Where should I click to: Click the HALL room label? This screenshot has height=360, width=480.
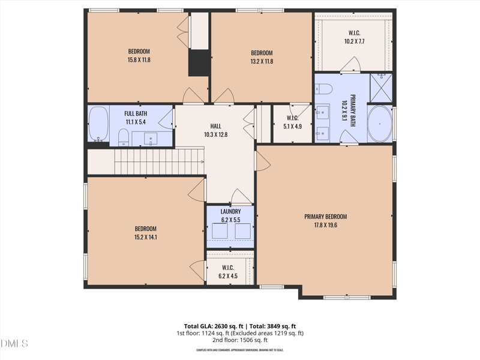pos(215,126)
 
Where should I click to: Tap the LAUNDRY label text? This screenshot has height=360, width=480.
pos(230,212)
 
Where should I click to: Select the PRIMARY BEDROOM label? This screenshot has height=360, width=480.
pos(325,217)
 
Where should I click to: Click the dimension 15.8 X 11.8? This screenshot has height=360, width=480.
pos(139,61)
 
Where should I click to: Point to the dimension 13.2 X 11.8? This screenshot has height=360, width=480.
pos(262,61)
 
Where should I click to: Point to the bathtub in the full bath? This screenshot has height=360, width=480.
pos(98,124)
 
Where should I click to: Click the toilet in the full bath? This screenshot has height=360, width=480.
pos(123,137)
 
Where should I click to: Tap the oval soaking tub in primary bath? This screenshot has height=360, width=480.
pos(379,124)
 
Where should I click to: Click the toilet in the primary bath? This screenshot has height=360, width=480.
pos(325,89)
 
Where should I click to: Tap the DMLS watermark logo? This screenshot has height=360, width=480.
pos(14,344)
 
